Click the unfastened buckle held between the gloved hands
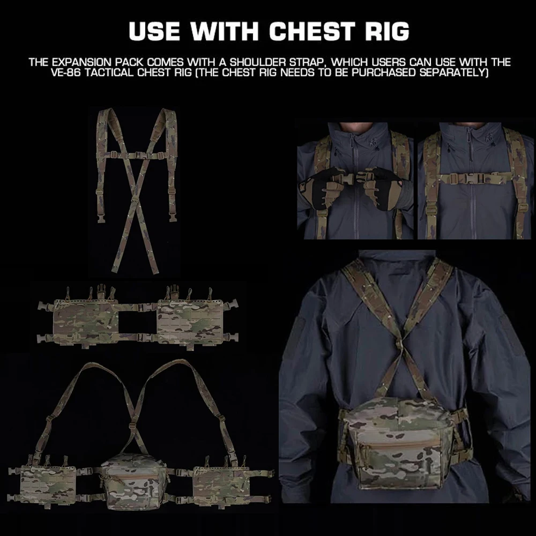point(355,177)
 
